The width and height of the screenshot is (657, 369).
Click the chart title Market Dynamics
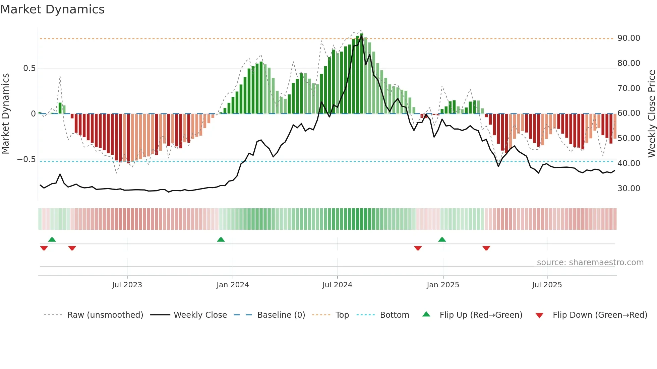(52, 9)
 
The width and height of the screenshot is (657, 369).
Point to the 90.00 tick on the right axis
(629, 38)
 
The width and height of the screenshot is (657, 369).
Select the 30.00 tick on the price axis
(629, 189)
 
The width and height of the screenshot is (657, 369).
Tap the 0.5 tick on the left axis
(29, 68)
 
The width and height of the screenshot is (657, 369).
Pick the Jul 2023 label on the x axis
(127, 285)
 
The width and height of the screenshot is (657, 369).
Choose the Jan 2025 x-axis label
(443, 285)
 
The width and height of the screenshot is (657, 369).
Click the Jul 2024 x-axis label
(337, 285)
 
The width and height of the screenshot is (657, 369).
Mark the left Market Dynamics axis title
(5, 114)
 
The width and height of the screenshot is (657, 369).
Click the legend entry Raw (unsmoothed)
(105, 315)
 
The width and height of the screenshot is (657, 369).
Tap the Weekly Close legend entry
(200, 315)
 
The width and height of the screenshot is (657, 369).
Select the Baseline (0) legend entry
(281, 315)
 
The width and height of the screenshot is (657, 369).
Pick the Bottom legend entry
(394, 315)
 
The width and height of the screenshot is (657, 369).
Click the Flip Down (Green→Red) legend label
(600, 315)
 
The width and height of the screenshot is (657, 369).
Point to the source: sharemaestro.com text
(590, 263)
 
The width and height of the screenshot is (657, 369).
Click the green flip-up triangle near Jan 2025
(442, 240)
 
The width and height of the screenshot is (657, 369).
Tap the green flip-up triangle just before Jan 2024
(221, 240)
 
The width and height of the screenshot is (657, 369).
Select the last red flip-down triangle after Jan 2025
(486, 248)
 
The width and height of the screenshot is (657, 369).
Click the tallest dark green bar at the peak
(361, 74)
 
